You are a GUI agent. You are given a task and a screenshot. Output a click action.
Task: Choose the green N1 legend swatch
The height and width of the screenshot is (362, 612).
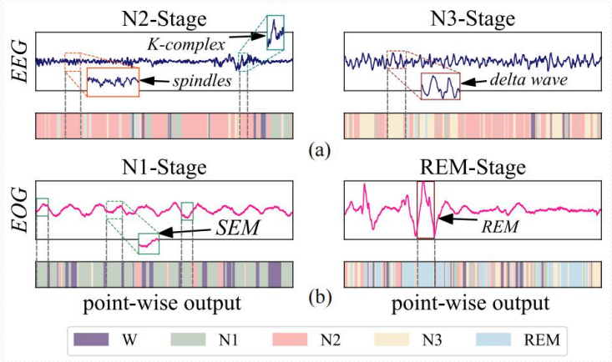click(190, 339)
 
